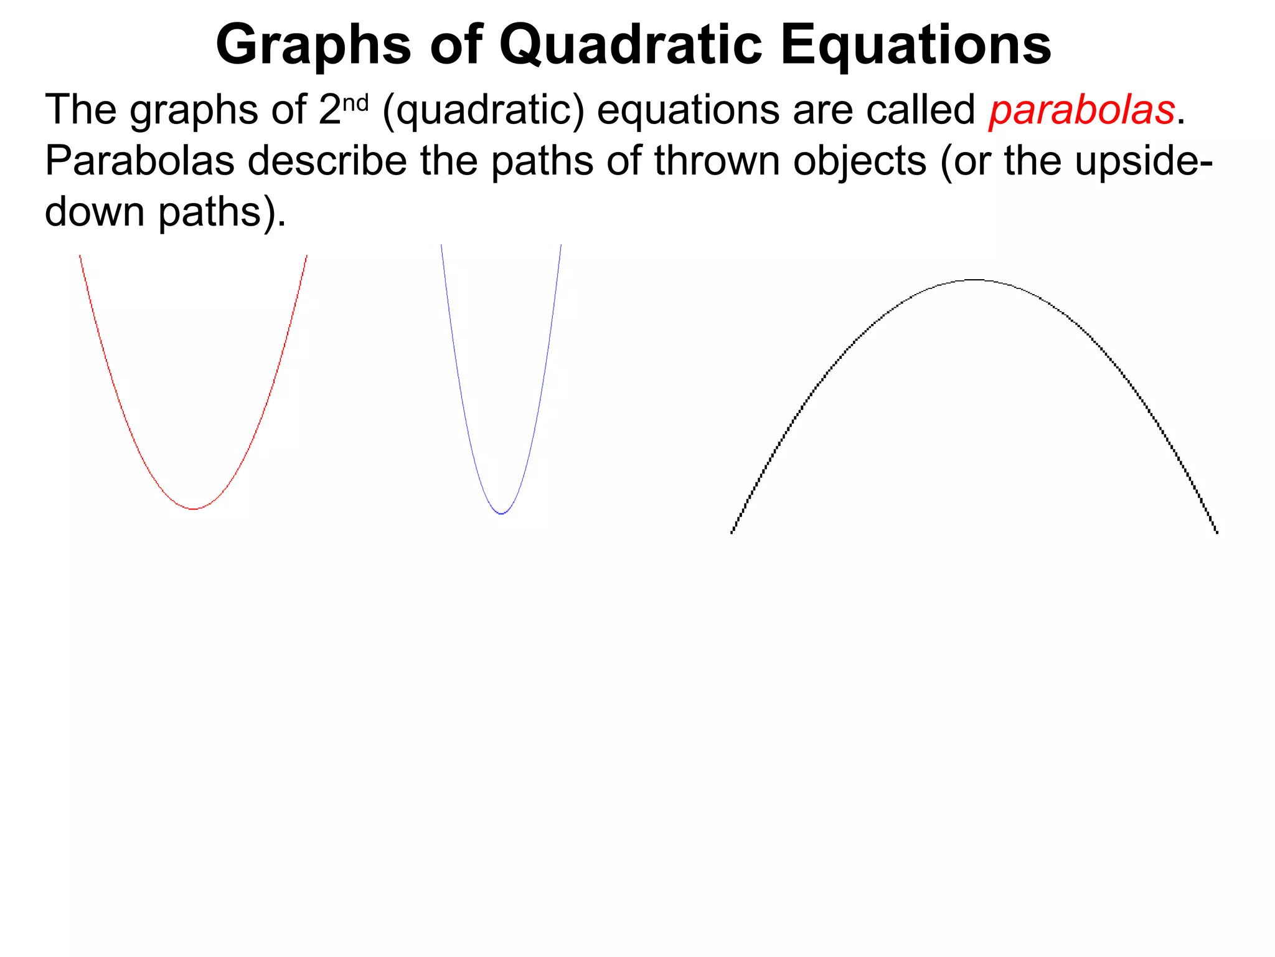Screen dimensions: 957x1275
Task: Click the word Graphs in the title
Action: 313,45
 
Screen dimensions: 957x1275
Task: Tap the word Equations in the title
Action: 915,45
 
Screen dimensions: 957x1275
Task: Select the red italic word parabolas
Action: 1081,110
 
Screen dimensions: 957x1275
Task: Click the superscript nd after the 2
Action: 356,103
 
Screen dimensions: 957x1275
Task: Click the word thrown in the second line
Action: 718,161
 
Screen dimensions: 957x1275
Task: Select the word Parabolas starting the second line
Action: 139,161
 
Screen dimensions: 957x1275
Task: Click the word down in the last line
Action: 95,212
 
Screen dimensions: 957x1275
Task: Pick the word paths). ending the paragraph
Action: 222,212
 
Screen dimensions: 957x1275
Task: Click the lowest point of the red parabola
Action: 194,509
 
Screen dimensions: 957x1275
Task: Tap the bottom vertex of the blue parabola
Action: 502,513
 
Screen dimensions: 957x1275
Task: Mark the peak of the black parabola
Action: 975,280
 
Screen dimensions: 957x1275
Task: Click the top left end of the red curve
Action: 80,256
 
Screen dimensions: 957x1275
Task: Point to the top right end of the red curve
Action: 306,256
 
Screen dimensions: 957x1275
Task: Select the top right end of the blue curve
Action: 561,245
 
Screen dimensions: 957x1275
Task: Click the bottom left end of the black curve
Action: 732,532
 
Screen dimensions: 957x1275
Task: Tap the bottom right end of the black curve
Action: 1217,532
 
